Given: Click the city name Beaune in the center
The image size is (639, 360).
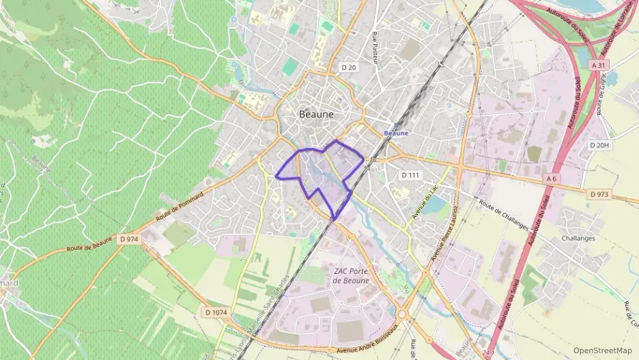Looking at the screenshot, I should point(317,115).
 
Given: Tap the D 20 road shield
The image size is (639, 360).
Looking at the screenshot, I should point(348,67).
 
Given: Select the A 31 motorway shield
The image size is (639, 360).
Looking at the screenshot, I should point(599,65).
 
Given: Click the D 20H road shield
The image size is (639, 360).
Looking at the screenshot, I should point(599,146).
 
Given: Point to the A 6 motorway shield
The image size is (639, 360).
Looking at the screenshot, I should point(552,178).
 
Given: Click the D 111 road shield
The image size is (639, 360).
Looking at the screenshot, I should point(410,175).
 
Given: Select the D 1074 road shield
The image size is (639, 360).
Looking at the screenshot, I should point(215,312).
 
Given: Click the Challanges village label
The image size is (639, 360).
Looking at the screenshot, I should point(578,238).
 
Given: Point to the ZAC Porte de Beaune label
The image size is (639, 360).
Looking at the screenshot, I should point(352,276).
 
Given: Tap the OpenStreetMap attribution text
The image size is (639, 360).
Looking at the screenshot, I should point(603,350).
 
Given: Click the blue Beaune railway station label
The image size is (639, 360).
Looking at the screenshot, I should point(396,133).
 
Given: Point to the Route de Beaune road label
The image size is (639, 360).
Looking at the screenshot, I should point(89,247).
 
